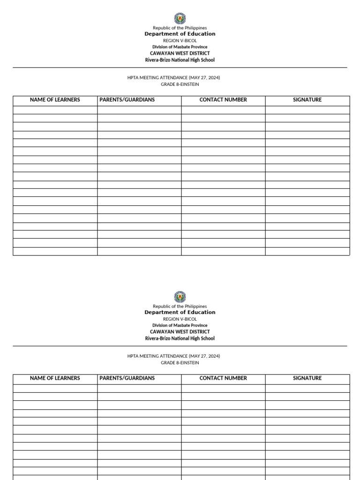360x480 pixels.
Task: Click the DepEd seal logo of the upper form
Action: click(180, 18)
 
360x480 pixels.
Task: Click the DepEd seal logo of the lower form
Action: click(180, 297)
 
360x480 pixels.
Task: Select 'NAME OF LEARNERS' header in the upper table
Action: click(55, 100)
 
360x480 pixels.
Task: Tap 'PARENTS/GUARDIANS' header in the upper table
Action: click(127, 100)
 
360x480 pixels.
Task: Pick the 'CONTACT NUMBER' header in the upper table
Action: click(223, 100)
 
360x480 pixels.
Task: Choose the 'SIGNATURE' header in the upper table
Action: click(307, 100)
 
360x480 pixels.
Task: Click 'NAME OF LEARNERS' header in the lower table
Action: click(55, 378)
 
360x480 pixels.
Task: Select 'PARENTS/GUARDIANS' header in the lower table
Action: click(127, 378)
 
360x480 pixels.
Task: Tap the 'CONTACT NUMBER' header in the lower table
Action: click(223, 378)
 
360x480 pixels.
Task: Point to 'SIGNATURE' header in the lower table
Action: click(307, 378)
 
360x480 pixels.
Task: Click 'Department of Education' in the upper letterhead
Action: click(180, 34)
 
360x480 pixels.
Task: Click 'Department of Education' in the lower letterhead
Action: click(180, 312)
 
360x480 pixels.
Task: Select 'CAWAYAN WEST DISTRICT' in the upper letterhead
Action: click(180, 53)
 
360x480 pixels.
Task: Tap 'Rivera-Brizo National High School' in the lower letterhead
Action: click(180, 338)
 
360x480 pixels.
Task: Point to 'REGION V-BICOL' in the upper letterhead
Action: click(180, 41)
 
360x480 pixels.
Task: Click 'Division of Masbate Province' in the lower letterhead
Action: click(180, 325)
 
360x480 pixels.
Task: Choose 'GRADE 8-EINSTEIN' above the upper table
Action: click(180, 84)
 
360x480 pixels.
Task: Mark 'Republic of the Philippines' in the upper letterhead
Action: click(180, 28)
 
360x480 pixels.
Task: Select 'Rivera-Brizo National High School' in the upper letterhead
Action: click(180, 60)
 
